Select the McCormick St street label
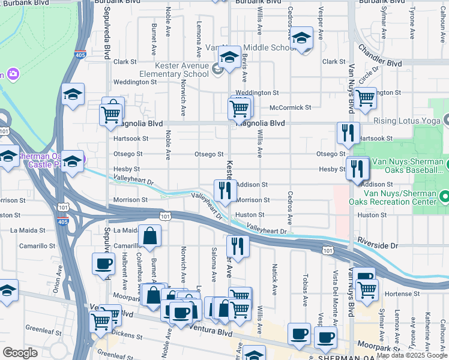tap(291, 107)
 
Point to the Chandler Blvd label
tap(379, 56)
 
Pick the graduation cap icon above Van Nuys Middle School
tap(301, 38)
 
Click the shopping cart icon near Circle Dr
tap(364, 98)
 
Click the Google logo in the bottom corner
tap(20, 353)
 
